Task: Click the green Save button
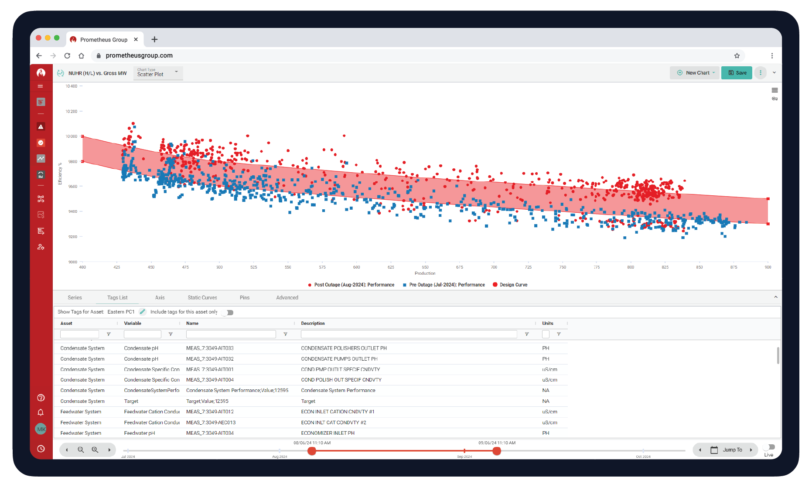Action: click(x=737, y=73)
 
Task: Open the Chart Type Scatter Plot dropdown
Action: click(x=158, y=73)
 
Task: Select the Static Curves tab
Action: click(x=202, y=298)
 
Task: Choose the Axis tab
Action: click(x=160, y=298)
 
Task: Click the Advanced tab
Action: click(x=287, y=298)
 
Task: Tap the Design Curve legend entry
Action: click(x=510, y=285)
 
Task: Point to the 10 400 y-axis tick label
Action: click(x=72, y=86)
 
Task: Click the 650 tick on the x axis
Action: click(x=425, y=267)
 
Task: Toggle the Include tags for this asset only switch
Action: click(x=228, y=312)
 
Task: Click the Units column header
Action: click(x=548, y=324)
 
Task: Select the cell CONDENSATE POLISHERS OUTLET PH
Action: click(x=344, y=348)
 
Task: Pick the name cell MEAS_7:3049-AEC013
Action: click(x=211, y=422)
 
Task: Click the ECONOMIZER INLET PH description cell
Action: click(x=328, y=433)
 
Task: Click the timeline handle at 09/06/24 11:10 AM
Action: click(x=497, y=451)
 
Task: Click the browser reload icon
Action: click(x=67, y=56)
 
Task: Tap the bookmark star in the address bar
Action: click(x=737, y=56)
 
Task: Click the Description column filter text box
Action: click(x=409, y=334)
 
